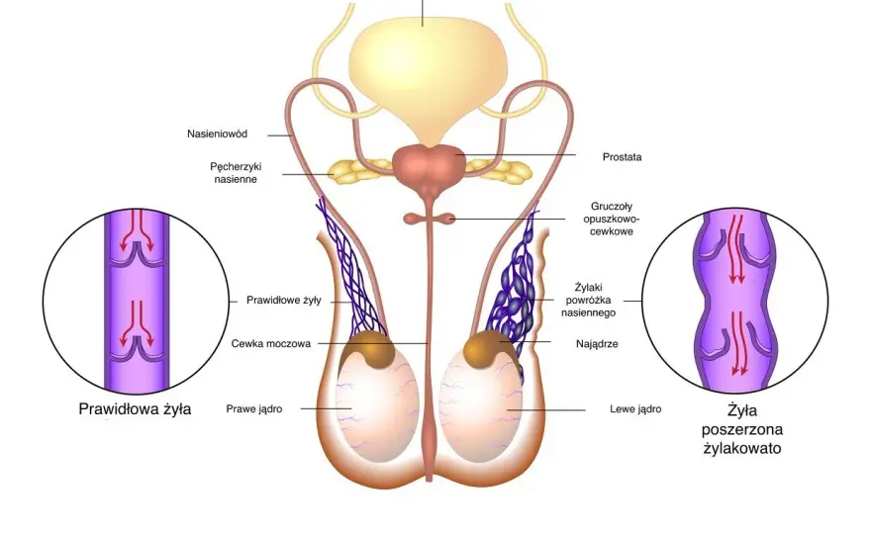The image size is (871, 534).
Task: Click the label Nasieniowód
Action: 217,133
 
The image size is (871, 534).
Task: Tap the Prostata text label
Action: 622,157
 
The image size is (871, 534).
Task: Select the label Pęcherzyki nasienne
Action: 236,173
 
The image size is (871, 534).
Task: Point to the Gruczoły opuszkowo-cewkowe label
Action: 611,219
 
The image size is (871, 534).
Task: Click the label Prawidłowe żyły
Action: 283,301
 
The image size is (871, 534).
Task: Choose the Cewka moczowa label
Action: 270,343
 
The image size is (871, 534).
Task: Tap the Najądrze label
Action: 597,343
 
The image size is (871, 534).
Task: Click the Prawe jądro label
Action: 253,409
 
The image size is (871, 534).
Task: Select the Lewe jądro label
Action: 635,409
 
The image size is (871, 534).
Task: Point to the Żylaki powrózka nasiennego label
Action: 588,301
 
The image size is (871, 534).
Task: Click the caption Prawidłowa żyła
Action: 135,409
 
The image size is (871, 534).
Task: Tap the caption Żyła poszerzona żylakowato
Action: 742,429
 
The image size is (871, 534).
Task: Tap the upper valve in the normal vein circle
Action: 137,254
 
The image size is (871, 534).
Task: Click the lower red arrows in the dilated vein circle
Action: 737,342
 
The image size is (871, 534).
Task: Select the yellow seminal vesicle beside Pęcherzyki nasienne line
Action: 351,170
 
